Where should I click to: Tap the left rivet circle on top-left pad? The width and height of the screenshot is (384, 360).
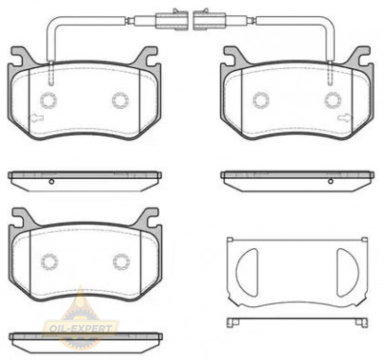tap(48, 100)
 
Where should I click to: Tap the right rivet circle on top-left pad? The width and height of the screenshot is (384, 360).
tap(120, 100)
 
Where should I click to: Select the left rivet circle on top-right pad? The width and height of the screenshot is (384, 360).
tap(261, 100)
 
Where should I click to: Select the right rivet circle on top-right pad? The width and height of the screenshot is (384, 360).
tap(333, 99)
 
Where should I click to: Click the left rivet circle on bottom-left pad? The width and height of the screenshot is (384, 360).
tap(49, 261)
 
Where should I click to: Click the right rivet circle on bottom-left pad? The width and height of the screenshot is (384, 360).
tap(121, 261)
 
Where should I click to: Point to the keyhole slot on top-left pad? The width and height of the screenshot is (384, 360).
tap(36, 117)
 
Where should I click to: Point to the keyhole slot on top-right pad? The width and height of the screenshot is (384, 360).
tap(345, 117)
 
